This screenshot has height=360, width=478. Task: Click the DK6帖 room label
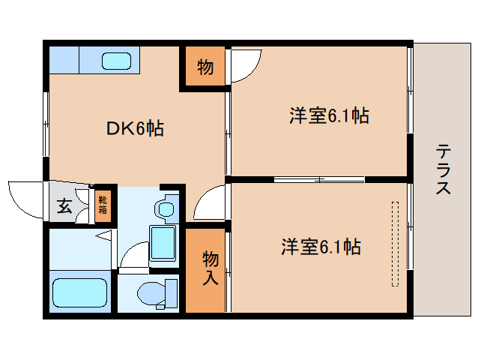135,128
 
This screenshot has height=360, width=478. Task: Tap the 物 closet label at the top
205,67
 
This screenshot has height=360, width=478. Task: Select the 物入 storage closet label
210,268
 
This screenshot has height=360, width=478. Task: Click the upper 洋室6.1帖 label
329,116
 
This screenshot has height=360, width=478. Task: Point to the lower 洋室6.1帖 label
321,246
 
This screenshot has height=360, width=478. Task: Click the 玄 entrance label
64,205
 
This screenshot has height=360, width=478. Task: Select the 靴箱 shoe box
102,204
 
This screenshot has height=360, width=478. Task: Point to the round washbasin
165,208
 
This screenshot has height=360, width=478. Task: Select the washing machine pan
164,242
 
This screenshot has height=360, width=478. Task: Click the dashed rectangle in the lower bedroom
394,243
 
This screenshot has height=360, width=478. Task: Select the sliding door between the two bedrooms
319,179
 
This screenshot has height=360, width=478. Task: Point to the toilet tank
172,292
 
